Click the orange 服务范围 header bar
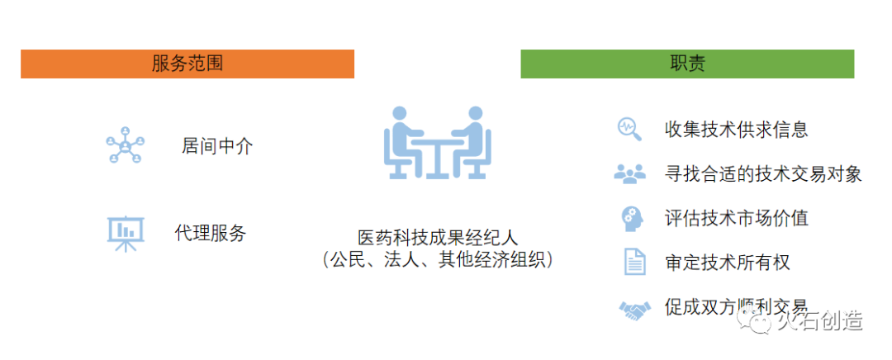187,64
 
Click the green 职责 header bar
687,64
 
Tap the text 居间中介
217,147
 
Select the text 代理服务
211,233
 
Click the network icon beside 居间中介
125,145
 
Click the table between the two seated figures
437,153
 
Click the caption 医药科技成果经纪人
438,237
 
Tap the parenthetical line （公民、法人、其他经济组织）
438,260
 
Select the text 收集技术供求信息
736,129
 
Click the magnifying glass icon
629,128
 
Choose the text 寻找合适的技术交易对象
763,173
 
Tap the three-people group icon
630,173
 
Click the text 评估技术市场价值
736,218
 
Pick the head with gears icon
631,218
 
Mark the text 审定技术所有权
728,263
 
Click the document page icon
633,263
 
